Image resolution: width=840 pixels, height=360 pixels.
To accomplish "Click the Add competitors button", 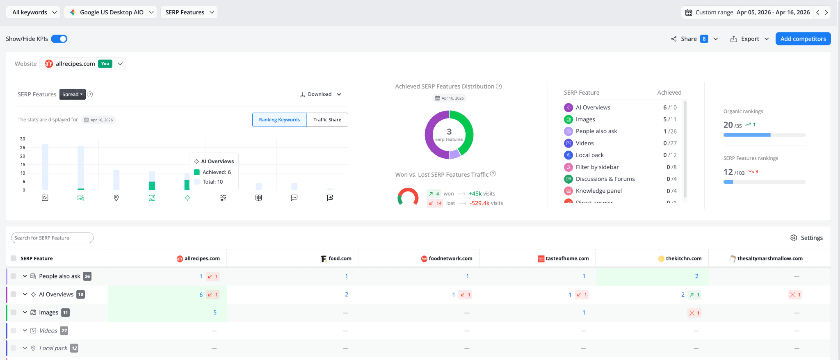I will tap(803, 39).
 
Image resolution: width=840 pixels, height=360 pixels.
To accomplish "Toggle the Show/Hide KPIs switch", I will tap(59, 39).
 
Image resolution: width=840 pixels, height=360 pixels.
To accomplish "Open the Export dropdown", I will tap(750, 39).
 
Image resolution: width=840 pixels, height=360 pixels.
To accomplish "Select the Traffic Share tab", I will tap(327, 120).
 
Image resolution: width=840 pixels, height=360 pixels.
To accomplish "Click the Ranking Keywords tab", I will tap(279, 120).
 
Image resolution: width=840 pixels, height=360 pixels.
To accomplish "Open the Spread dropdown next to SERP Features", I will tap(72, 94).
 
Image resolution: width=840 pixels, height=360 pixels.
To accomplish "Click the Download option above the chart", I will tap(320, 94).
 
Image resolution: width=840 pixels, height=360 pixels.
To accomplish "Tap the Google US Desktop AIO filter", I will tap(112, 12).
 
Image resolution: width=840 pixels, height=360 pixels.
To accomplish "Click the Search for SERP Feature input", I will tap(52, 238).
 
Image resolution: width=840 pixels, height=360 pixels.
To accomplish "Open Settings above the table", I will tap(806, 238).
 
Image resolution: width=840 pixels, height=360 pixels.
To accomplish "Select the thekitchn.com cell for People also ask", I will tap(696, 276).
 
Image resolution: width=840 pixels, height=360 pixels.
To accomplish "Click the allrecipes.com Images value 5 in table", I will tap(215, 312).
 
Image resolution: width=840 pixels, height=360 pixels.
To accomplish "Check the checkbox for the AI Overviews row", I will tap(14, 294).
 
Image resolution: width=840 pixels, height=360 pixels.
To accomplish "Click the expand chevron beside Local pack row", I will tap(25, 348).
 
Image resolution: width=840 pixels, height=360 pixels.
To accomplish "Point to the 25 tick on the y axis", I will tap(23, 148).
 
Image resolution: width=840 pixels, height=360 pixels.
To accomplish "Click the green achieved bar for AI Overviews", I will tap(187, 185).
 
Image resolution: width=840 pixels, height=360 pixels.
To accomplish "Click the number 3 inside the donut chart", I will tap(449, 132).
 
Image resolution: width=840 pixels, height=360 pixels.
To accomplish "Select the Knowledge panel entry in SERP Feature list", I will tap(598, 191).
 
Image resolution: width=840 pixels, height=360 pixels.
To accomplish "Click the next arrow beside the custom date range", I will tap(826, 12).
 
